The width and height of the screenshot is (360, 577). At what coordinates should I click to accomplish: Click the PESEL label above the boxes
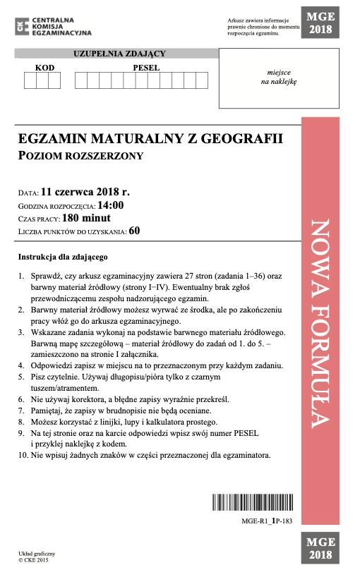[x=147, y=68]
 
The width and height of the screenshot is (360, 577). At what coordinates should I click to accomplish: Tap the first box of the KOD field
[x=30, y=81]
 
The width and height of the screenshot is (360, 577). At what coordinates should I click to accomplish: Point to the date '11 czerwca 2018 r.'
[x=85, y=191]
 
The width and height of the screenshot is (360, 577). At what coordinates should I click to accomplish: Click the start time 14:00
[x=110, y=205]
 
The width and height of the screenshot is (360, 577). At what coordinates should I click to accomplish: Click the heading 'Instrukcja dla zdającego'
[x=63, y=257]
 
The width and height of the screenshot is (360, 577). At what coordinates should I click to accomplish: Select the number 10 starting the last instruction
[x=23, y=455]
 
